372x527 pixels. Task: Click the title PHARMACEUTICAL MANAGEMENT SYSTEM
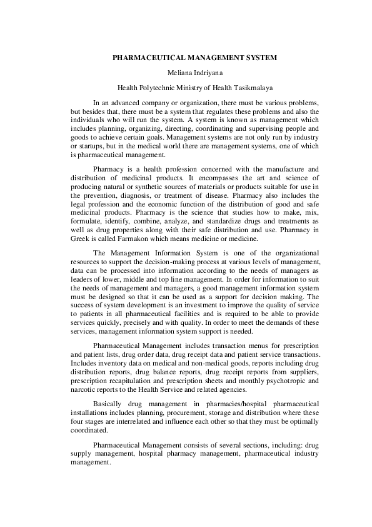click(186, 58)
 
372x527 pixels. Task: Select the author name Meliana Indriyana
click(186, 73)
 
